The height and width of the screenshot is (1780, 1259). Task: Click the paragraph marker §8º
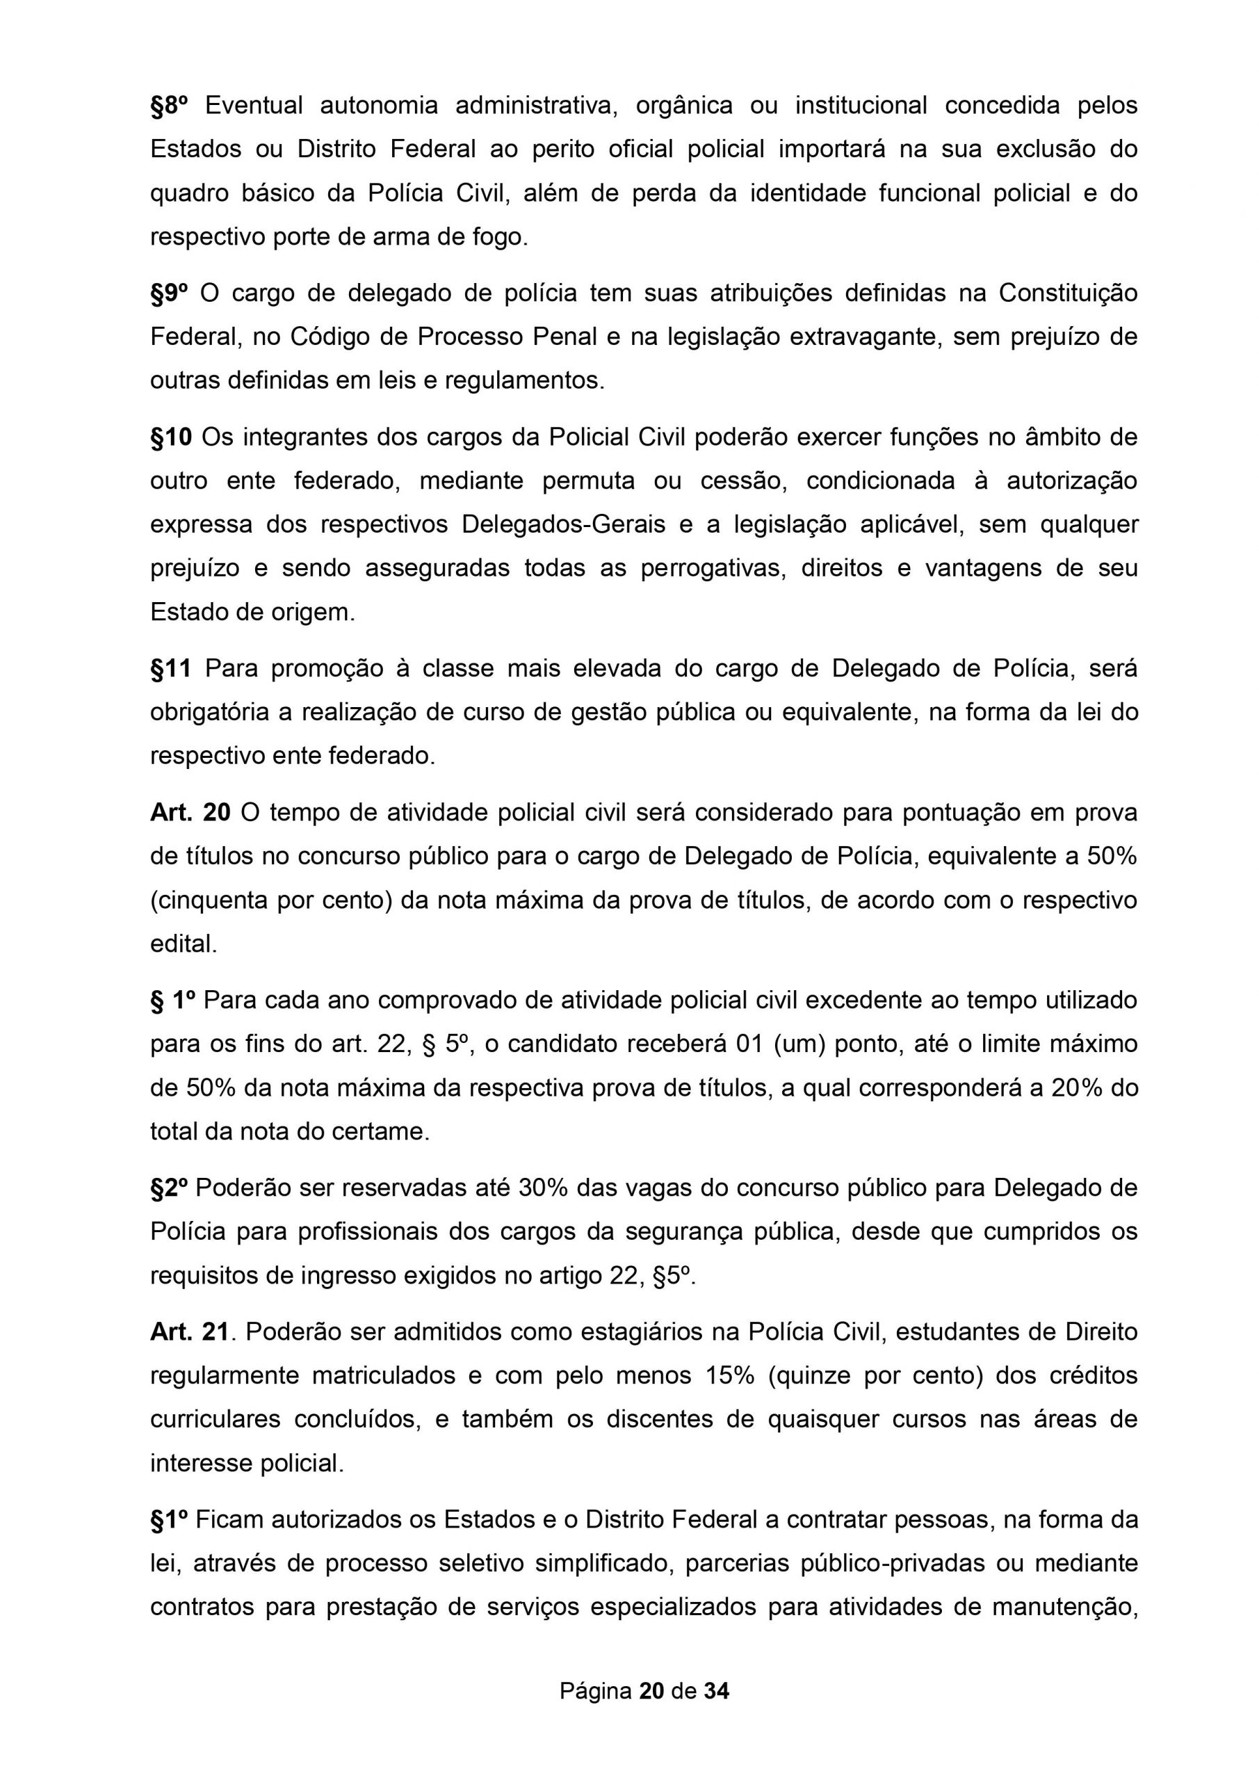(169, 105)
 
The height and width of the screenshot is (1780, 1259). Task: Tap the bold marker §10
(170, 437)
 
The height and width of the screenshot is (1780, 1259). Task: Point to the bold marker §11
(170, 668)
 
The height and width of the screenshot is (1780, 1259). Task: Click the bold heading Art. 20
(190, 813)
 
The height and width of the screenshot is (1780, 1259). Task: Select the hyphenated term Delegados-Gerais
(564, 525)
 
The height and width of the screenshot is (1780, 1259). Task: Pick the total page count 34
(716, 1690)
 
